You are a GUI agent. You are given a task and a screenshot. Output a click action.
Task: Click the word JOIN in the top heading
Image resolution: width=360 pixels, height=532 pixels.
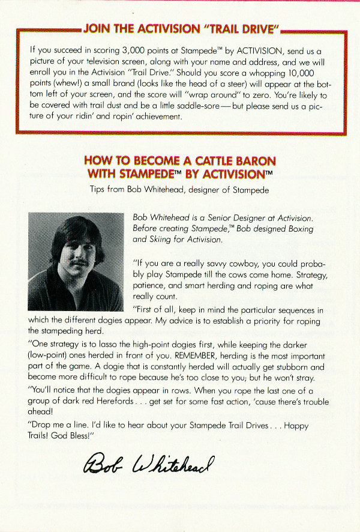coord(97,29)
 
